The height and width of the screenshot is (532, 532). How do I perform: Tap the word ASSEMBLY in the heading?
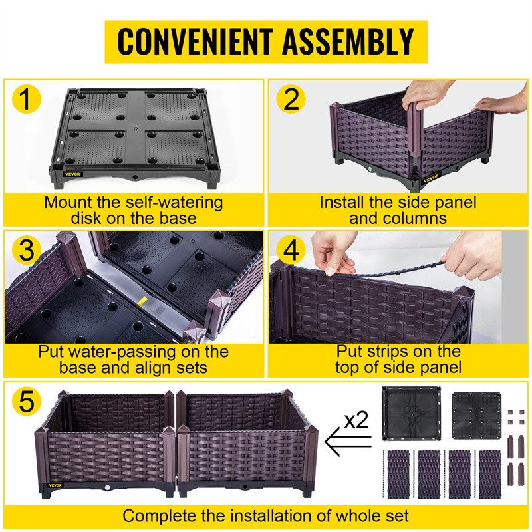coord(348,41)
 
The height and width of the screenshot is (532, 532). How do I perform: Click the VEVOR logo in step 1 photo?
coord(70,174)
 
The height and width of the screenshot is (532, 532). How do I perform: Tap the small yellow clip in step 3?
coord(142,301)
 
